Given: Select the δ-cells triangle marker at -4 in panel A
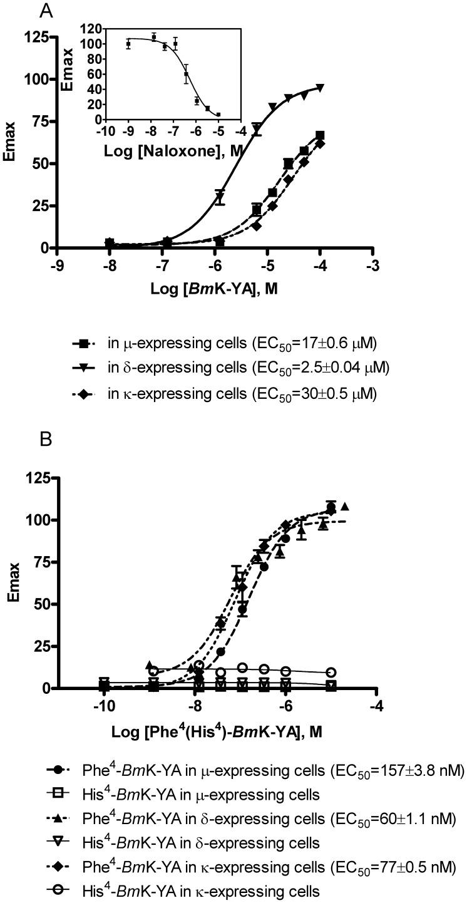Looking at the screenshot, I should pos(321,88).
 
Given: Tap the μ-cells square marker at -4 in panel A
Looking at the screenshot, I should pos(321,135).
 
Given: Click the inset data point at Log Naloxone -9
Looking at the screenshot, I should pos(128,44).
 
